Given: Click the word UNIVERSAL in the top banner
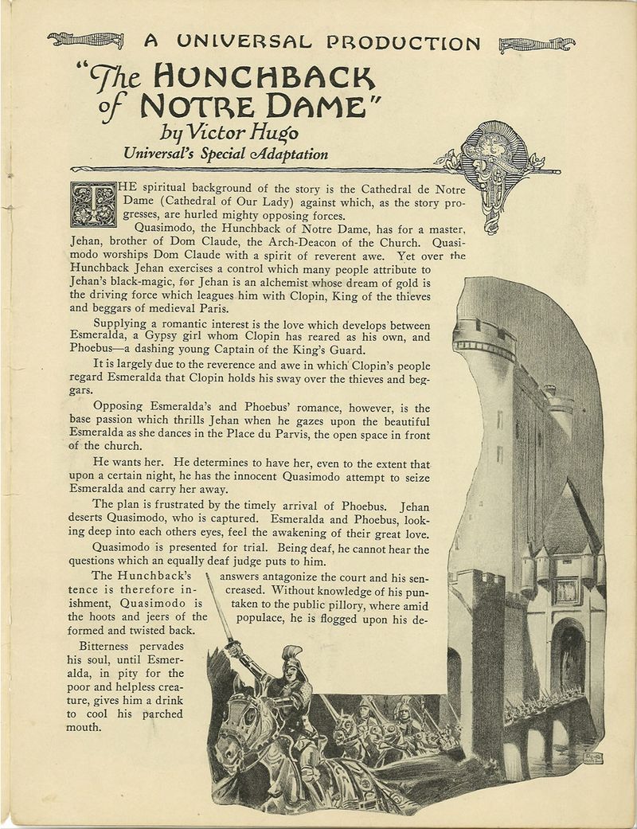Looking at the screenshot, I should coord(238,42).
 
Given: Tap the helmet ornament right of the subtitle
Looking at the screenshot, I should coord(487,163).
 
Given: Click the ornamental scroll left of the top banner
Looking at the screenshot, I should coord(86,41).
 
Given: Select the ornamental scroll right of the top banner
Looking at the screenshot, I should coord(536,43).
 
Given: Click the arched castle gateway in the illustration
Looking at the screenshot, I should coord(567,653).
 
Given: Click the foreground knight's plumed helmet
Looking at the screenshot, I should coord(291,658).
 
